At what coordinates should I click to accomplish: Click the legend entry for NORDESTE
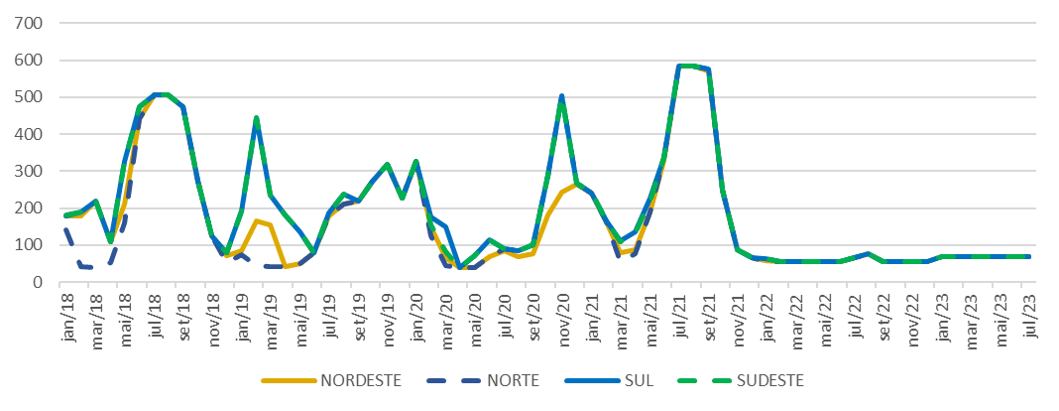[352, 380]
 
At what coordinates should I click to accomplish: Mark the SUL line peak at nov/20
[562, 96]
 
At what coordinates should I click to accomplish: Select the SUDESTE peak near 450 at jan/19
[256, 118]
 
